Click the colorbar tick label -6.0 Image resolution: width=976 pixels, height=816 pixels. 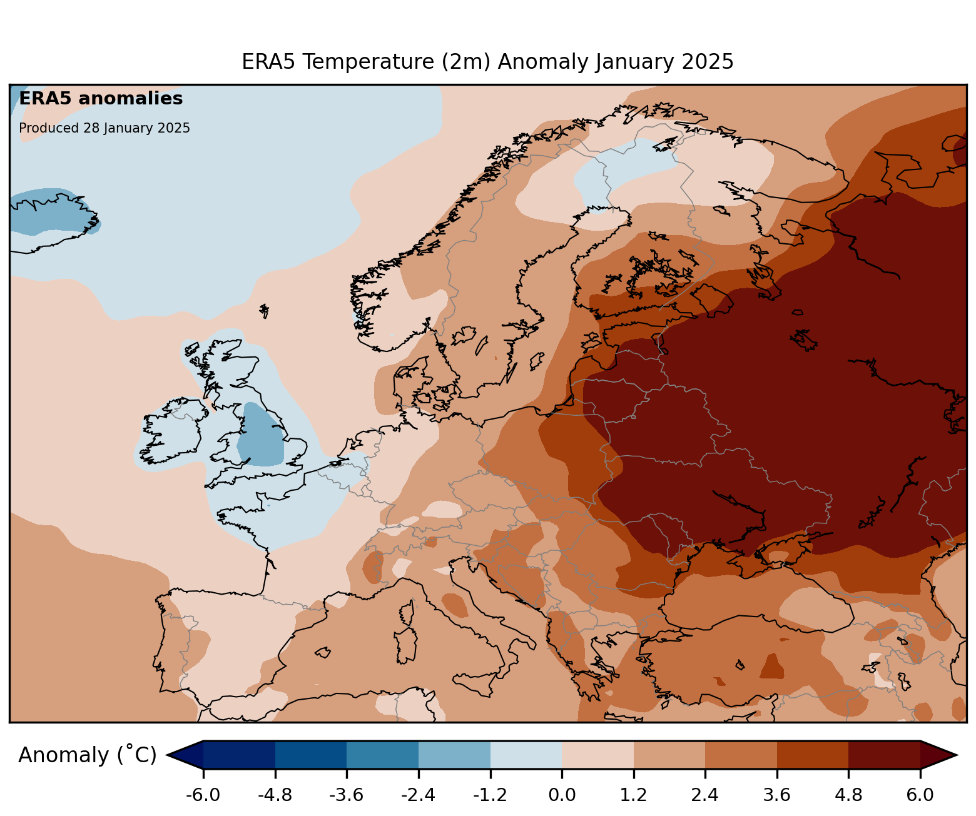[203, 795]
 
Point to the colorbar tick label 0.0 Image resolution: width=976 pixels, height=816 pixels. [562, 795]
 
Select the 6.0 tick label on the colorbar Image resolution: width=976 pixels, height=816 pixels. [920, 795]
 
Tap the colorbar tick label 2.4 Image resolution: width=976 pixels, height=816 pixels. [705, 795]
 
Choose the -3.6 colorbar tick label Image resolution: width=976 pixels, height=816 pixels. [347, 795]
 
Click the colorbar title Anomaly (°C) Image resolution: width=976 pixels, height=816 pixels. [87, 755]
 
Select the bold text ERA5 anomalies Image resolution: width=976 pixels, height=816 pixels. [101, 99]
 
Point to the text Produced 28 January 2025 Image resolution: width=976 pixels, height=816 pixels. [104, 128]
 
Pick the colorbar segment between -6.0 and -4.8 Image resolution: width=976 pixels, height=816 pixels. [239, 755]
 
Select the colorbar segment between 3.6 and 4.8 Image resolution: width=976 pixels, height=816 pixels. [812, 755]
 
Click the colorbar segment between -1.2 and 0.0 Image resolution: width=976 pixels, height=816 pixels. [526, 755]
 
